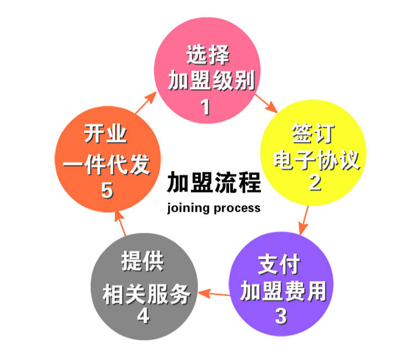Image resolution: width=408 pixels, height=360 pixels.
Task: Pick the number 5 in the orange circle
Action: pos(107,191)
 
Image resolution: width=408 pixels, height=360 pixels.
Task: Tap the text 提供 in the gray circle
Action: pos(143,262)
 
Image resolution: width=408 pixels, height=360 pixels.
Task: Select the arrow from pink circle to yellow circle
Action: pos(266,104)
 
